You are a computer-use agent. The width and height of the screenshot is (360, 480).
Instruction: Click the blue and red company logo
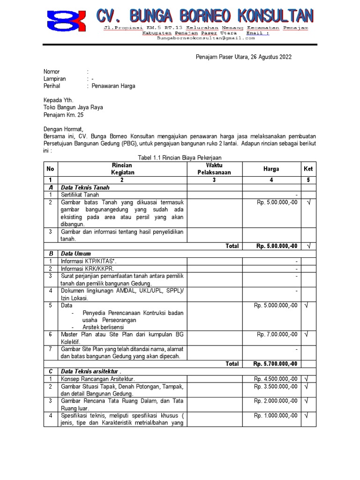point(66,21)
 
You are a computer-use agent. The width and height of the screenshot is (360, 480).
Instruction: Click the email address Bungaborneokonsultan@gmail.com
point(209,39)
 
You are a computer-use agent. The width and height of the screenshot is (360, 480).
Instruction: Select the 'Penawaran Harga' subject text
point(113,86)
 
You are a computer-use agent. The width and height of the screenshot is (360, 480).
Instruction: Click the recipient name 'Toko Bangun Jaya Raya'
point(73,107)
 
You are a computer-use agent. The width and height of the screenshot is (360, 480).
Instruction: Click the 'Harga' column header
point(271,169)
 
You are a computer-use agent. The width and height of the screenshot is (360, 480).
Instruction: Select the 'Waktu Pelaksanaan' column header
point(214,169)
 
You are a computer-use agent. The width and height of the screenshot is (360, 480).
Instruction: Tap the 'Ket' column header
point(308,169)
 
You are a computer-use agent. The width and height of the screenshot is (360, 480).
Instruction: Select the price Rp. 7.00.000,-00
point(277,334)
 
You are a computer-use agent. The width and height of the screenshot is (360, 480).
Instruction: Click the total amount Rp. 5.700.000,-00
point(275,364)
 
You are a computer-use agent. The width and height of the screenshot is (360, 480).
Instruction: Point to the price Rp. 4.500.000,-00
point(276,379)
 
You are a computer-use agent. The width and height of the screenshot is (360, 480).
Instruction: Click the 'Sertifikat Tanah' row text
point(80,195)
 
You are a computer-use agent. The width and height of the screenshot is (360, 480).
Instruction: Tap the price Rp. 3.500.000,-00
point(276,386)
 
